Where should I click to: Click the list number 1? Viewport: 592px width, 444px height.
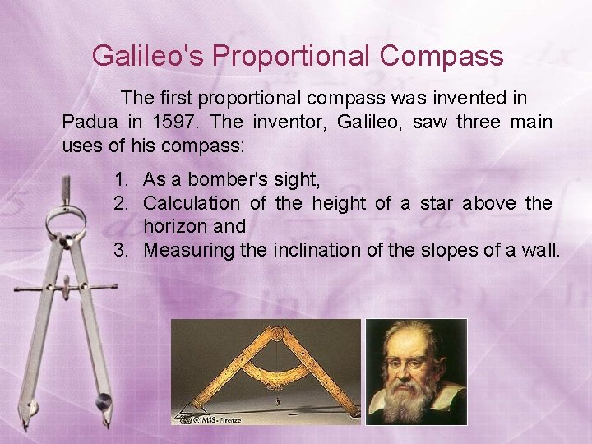[x=122, y=179]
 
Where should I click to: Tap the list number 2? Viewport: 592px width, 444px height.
[x=122, y=203]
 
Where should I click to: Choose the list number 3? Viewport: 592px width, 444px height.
[x=122, y=250]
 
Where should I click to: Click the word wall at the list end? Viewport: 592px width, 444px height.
[x=540, y=250]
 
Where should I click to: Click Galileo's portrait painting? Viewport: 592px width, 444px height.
[x=416, y=372]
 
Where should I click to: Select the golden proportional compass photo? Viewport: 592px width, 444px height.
[x=266, y=372]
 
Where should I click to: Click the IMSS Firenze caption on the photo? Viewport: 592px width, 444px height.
[x=218, y=418]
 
